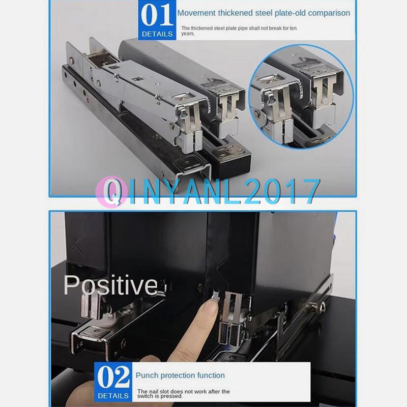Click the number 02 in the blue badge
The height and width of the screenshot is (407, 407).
[x=113, y=378]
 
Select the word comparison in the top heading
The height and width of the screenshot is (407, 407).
[x=329, y=13]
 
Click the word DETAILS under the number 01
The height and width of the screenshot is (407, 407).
[x=157, y=34]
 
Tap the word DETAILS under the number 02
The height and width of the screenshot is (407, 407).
[x=113, y=396]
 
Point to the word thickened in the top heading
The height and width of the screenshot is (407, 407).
[x=240, y=13]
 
